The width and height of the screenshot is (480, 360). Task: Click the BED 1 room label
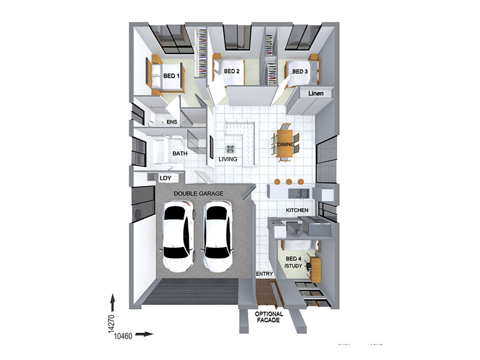(x=172, y=76)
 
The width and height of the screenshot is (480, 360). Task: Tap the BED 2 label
(x=232, y=71)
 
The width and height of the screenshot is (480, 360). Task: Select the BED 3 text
(x=300, y=71)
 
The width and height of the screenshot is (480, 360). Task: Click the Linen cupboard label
(x=316, y=94)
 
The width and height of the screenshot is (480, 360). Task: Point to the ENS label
(x=172, y=122)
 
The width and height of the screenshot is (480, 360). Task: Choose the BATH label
(x=180, y=154)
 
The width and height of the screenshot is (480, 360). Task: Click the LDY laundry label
(x=166, y=178)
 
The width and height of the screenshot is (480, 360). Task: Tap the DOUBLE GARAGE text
(x=199, y=193)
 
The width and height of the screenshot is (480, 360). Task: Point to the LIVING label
(x=228, y=159)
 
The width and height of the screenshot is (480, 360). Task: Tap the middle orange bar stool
(x=289, y=182)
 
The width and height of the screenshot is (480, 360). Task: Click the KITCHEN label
(x=297, y=211)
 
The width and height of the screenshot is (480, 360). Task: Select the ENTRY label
(x=264, y=274)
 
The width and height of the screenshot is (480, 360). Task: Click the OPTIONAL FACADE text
(x=269, y=317)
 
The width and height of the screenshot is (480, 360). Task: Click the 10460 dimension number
(x=123, y=336)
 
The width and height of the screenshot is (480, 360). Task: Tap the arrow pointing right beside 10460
(x=144, y=334)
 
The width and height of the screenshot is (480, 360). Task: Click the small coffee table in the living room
(x=230, y=149)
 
